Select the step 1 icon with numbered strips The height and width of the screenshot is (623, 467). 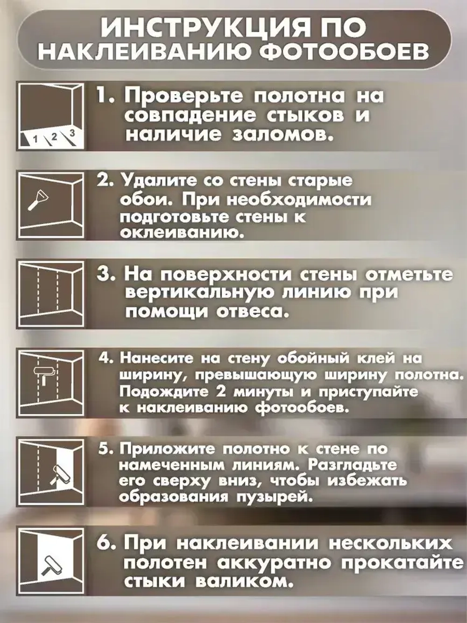point(50,115)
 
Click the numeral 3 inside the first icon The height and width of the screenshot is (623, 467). point(72,133)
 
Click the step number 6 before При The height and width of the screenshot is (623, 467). point(106,544)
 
